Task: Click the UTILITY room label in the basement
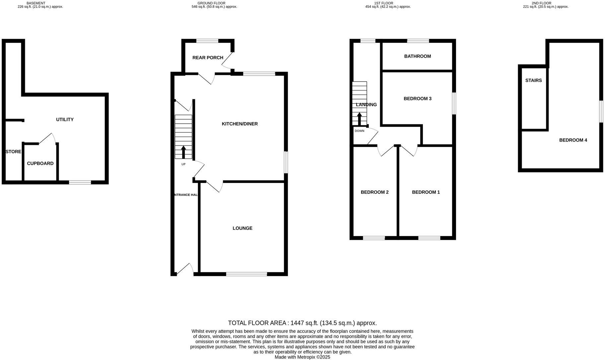[65, 119]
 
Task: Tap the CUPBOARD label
[40, 163]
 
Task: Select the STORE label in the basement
[13, 151]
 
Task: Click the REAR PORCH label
[208, 57]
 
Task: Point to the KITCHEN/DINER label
[239, 124]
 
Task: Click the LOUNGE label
[242, 228]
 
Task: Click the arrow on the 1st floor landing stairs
[360, 119]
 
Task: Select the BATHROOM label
[417, 56]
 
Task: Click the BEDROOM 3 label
[417, 98]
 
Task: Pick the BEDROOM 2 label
[374, 192]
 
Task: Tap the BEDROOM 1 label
[426, 192]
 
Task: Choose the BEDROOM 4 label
[573, 140]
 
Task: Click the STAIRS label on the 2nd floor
[533, 80]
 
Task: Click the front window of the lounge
[246, 274]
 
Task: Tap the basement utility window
[80, 182]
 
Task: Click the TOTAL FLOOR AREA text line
[302, 323]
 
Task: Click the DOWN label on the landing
[359, 131]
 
